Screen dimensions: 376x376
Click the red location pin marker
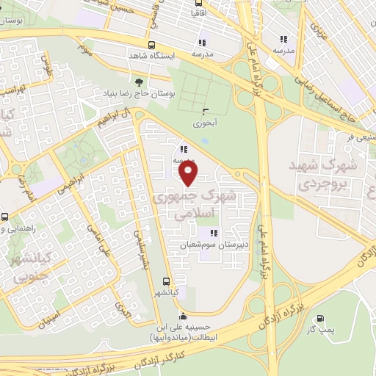pyautogui.click(x=189, y=173)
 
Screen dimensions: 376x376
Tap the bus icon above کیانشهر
pyautogui.click(x=166, y=281)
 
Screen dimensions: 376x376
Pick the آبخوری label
pyautogui.click(x=203, y=123)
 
